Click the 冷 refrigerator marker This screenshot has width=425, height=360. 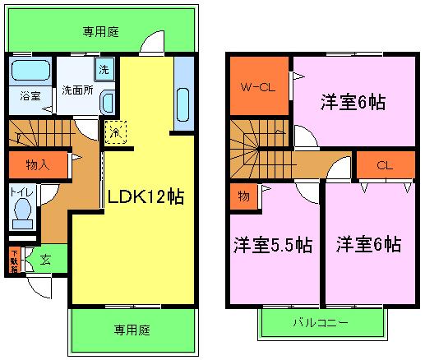pos(115,132)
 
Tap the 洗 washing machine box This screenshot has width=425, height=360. pos(104,68)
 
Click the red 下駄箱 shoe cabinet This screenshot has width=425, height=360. pos(15,260)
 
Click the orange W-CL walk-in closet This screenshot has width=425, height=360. pos(257,86)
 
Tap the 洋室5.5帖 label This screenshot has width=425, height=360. pos(271,245)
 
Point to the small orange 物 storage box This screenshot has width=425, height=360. pos(244,195)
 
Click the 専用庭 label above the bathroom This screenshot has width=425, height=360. pos(101,32)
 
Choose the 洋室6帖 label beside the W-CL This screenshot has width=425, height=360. pos(353,104)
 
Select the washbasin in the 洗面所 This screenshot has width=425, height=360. pos(107,101)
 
